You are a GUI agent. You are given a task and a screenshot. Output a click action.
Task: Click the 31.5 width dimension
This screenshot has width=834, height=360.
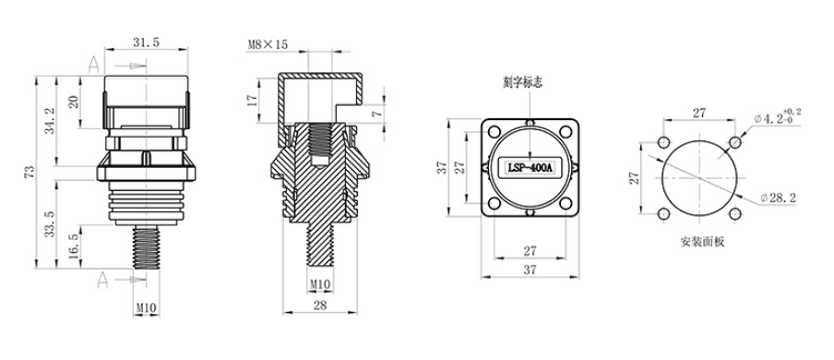147,43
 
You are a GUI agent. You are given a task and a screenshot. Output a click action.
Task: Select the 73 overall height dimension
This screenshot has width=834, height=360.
30,172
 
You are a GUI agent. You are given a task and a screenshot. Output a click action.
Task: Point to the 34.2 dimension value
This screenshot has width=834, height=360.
51,122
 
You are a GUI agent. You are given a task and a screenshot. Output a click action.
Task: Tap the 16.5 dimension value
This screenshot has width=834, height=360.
74,246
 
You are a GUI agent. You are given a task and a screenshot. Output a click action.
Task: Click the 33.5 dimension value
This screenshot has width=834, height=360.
50,223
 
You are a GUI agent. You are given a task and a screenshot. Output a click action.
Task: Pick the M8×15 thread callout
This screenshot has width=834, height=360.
268,44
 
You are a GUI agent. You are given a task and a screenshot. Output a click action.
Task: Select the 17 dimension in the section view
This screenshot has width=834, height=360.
252,100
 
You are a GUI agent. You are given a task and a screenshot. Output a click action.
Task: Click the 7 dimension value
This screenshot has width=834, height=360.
376,114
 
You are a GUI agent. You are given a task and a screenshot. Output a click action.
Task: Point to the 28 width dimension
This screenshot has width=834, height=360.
320,305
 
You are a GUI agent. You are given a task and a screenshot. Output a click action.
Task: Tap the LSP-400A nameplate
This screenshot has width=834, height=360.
530,168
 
